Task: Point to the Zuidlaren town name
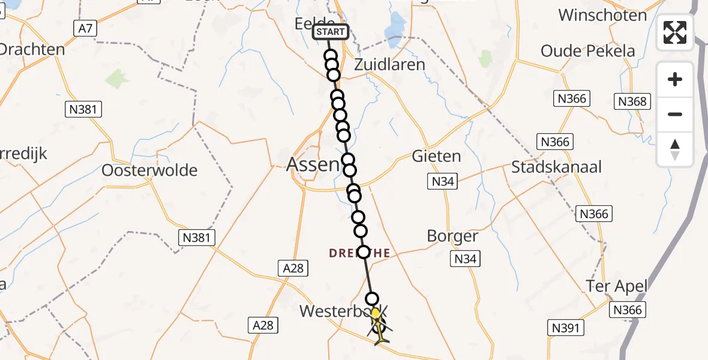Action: click(x=389, y=65)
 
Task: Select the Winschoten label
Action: click(x=602, y=15)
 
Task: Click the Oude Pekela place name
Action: click(x=587, y=51)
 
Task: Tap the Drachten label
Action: click(x=31, y=49)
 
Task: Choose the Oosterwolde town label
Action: click(x=149, y=170)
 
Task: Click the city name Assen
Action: click(x=313, y=164)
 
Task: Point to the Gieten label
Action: click(x=436, y=157)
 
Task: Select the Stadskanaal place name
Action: click(x=556, y=167)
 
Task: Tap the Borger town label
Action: click(x=452, y=236)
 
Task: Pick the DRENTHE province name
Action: click(x=359, y=254)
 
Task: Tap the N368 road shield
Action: click(x=632, y=101)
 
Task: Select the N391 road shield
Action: click(x=565, y=327)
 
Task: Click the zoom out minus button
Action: click(x=675, y=114)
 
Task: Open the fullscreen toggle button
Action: click(x=675, y=32)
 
